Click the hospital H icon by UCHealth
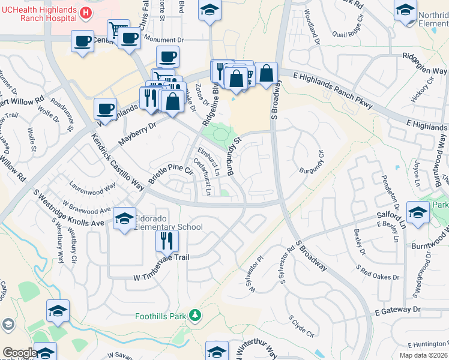coord(86,13)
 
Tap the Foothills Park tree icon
coord(194,315)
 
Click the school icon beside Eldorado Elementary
coord(124,218)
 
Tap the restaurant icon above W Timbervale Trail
coord(166,241)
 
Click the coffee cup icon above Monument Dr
coord(129,39)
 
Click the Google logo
coord(19,353)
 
